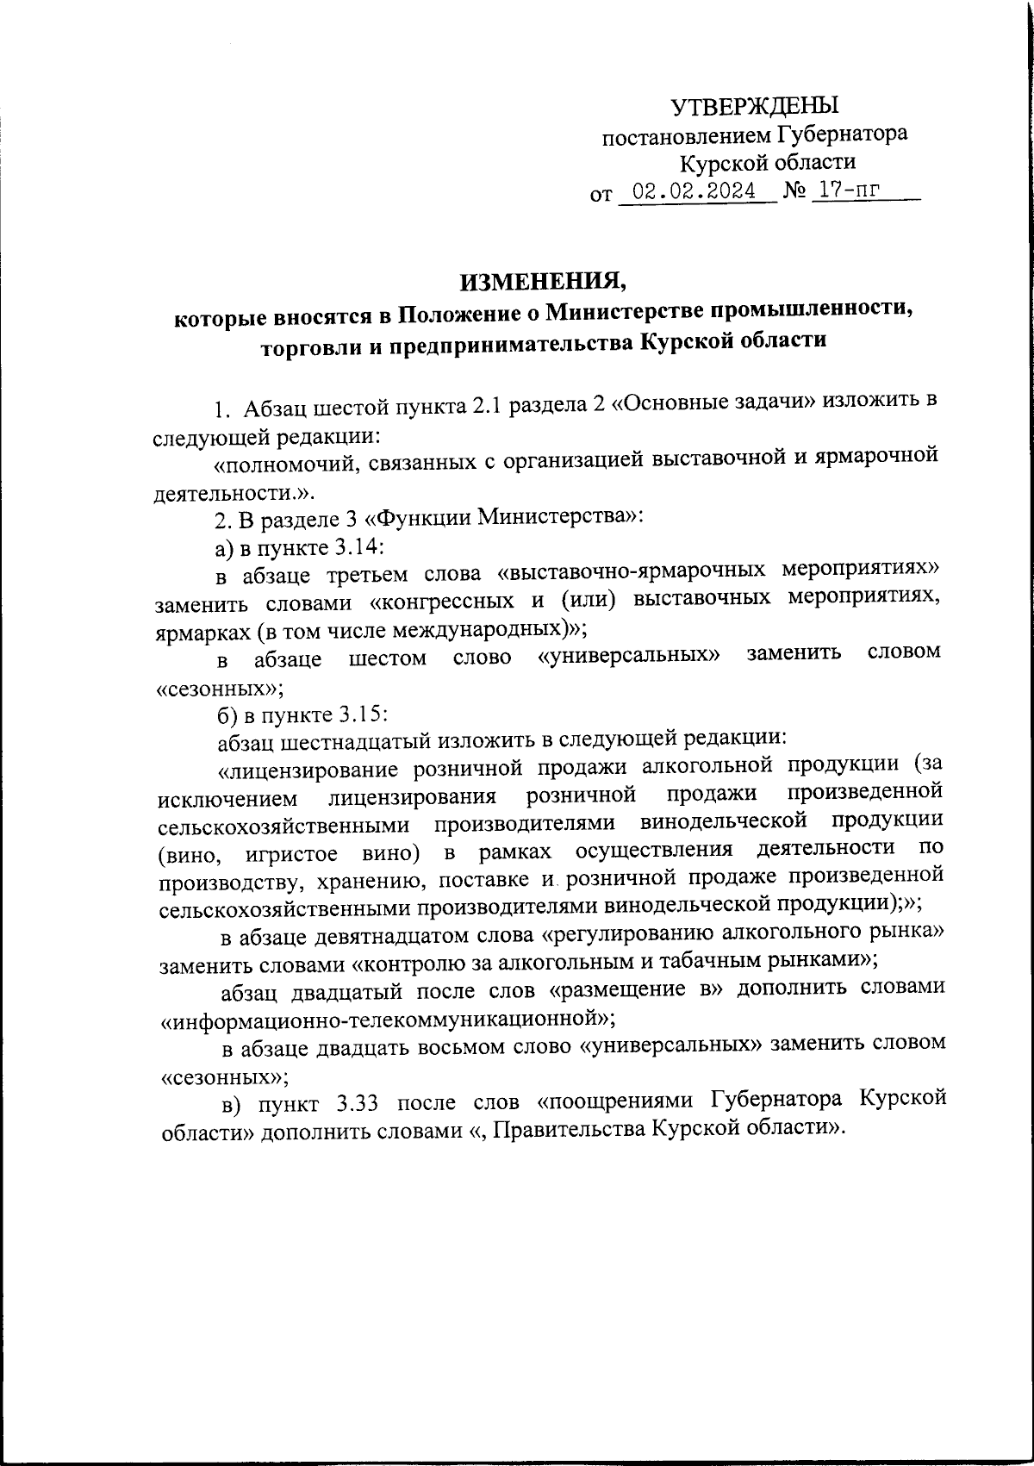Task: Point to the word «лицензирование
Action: pyautogui.click(x=307, y=766)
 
